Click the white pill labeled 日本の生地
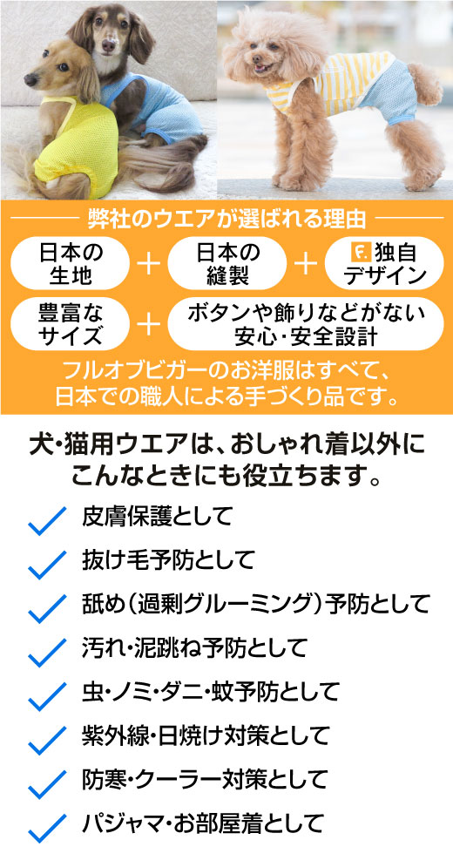pos(71,263)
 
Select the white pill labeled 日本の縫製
pos(226,263)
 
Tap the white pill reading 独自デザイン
pos(384,263)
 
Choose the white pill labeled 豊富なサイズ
pos(71,324)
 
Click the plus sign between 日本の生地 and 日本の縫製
pos(148,264)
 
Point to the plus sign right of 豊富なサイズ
pos(148,324)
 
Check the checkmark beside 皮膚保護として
pos(47,521)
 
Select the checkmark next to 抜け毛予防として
pos(47,565)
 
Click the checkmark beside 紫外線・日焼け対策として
pos(47,740)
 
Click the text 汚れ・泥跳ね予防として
pos(193,647)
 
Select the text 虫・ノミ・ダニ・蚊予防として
pos(210,691)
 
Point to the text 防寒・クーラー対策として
pos(205,779)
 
